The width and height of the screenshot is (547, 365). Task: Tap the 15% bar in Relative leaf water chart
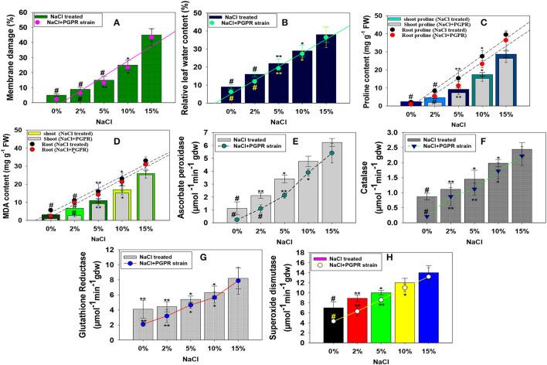(324, 70)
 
